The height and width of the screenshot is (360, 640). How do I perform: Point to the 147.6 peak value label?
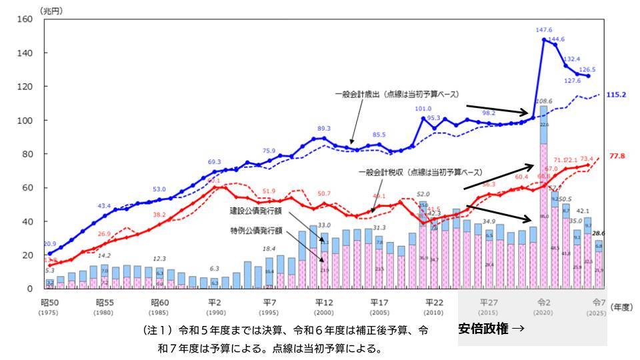pyautogui.click(x=544, y=30)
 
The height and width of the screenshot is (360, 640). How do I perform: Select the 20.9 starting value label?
pyautogui.click(x=49, y=244)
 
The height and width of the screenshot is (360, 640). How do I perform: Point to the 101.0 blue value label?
pyautogui.click(x=422, y=109)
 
